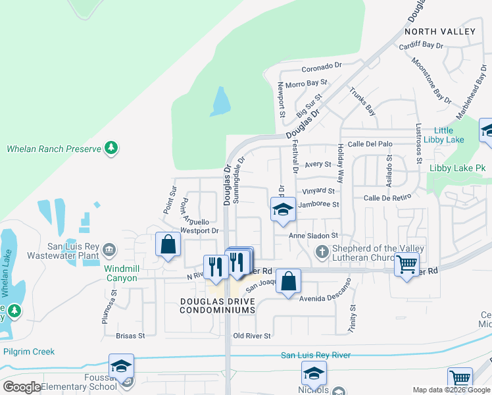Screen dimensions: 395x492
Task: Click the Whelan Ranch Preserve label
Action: point(54,149)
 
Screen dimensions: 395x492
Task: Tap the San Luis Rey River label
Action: point(315,355)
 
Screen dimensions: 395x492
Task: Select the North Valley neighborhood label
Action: point(439,32)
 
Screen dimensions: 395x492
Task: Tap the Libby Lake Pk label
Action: point(457,169)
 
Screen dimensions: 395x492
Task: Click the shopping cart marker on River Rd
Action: point(407,265)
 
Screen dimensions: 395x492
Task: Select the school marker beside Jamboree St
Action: point(283,210)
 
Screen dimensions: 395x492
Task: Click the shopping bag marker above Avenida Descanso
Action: point(288,282)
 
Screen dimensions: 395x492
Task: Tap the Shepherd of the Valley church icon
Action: point(322,251)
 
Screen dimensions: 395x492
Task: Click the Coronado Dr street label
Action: point(322,66)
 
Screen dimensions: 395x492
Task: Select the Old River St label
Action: point(252,336)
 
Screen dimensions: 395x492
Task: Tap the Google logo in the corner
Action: point(22,387)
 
